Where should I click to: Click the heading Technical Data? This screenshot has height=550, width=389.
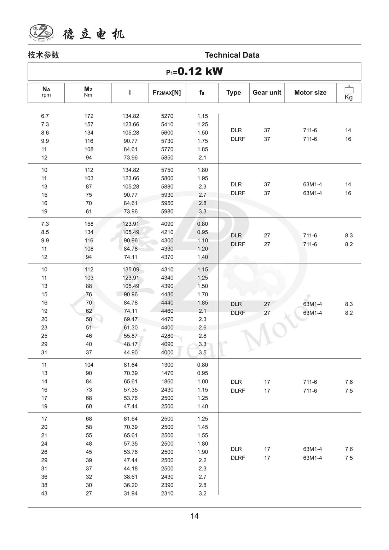pyautogui.click(x=232, y=55)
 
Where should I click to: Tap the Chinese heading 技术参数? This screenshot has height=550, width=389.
pyautogui.click(x=43, y=55)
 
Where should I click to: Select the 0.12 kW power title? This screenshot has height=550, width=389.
pyautogui.click(x=194, y=71)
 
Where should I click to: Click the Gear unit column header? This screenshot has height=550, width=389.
pyautogui.click(x=267, y=93)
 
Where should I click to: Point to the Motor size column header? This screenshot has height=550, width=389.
pyautogui.click(x=310, y=93)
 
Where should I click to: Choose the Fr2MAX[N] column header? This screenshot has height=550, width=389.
pyautogui.click(x=167, y=93)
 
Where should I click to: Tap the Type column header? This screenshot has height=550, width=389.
pyautogui.click(x=233, y=93)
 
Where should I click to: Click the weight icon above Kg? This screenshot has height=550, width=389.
pyautogui.click(x=349, y=89)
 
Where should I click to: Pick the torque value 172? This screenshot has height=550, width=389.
pyautogui.click(x=89, y=116)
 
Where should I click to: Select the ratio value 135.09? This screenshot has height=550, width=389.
pyautogui.click(x=130, y=270)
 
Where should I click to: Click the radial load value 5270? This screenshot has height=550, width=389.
pyautogui.click(x=167, y=116)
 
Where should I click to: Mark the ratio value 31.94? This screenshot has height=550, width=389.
pyautogui.click(x=130, y=493)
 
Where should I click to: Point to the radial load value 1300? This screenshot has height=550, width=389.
pyautogui.click(x=167, y=365)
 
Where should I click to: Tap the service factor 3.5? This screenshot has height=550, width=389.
pyautogui.click(x=202, y=353)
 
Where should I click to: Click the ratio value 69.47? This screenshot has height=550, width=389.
pyautogui.click(x=130, y=319)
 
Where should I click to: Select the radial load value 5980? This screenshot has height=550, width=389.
pyautogui.click(x=167, y=212)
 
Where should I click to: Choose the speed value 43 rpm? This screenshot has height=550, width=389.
pyautogui.click(x=44, y=493)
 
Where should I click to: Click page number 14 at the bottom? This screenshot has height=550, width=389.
pyautogui.click(x=194, y=516)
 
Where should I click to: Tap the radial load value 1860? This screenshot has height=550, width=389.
pyautogui.click(x=167, y=382)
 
